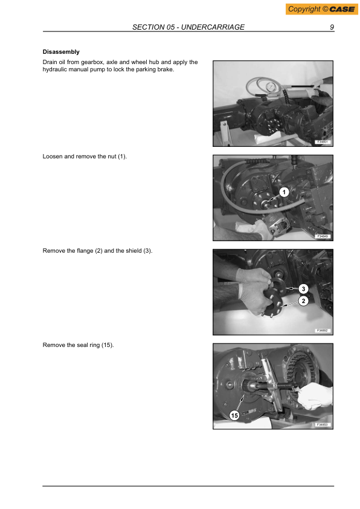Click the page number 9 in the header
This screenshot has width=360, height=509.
pyautogui.click(x=332, y=28)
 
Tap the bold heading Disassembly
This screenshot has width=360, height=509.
pyautogui.click(x=61, y=52)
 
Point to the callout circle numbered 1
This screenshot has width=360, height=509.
pyautogui.click(x=284, y=192)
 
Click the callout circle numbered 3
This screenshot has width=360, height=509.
pyautogui.click(x=304, y=288)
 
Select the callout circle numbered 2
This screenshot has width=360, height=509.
pyautogui.click(x=304, y=301)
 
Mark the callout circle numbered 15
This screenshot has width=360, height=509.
pyautogui.click(x=234, y=415)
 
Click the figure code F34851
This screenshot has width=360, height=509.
pyautogui.click(x=323, y=142)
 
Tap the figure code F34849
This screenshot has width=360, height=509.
pyautogui.click(x=323, y=236)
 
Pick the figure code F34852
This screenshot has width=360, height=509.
pyautogui.click(x=323, y=331)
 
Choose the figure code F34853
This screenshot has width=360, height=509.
pyautogui.click(x=323, y=425)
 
